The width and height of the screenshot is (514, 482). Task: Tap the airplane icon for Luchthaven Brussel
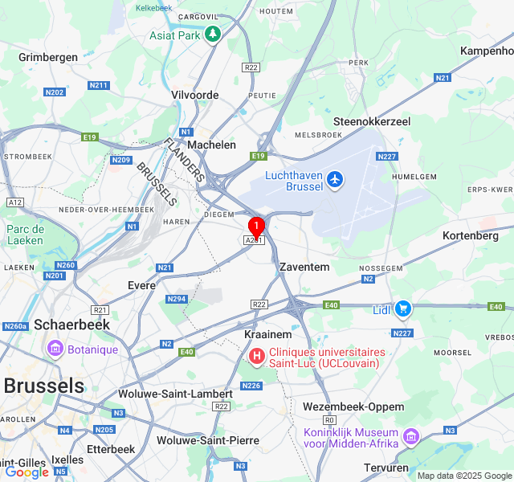pyautogui.click(x=335, y=180)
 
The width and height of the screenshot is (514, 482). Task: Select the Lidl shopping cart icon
pyautogui.click(x=403, y=308)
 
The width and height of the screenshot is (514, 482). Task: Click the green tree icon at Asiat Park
pyautogui.click(x=212, y=35)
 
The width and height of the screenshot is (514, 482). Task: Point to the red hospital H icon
pyautogui.click(x=256, y=355)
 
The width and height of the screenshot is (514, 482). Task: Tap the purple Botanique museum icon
pyautogui.click(x=55, y=349)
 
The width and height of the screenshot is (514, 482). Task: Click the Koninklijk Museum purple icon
pyautogui.click(x=411, y=436)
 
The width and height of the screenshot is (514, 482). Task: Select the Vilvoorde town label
pyautogui.click(x=194, y=95)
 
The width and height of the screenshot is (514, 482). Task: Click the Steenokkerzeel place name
pyautogui.click(x=372, y=121)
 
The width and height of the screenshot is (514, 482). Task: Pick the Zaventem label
pyautogui.click(x=304, y=267)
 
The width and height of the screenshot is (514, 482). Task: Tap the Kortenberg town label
pyautogui.click(x=470, y=235)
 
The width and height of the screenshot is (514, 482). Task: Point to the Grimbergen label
pyautogui.click(x=48, y=57)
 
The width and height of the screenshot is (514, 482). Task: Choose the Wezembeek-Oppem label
pyautogui.click(x=353, y=406)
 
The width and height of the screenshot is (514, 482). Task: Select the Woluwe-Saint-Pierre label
pyautogui.click(x=207, y=440)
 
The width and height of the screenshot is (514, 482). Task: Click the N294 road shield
pyautogui.click(x=177, y=299)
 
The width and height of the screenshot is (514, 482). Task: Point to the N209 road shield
pyautogui.click(x=121, y=160)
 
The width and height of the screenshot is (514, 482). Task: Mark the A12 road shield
pyautogui.click(x=14, y=202)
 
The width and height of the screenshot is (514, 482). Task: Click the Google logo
pyautogui.click(x=27, y=472)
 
